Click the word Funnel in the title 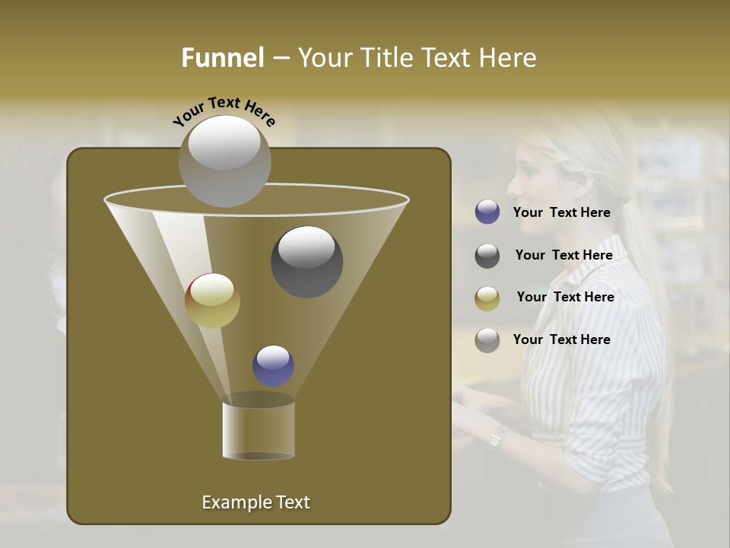pos(223,58)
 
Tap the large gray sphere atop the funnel pos(224,161)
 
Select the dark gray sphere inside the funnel pos(307,262)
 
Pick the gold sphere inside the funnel pos(213,301)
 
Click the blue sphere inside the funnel pos(274,366)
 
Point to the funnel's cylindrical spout pos(259,431)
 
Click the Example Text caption pos(256,502)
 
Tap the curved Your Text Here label pos(224,111)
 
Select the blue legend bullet pos(487,212)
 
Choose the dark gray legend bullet pos(487,256)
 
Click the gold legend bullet pos(487,298)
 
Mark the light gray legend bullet pos(487,340)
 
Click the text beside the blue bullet pos(562,212)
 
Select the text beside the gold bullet pos(566,297)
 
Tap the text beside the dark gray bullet pos(564,255)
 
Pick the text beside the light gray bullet pos(562,339)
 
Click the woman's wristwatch pos(498,435)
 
